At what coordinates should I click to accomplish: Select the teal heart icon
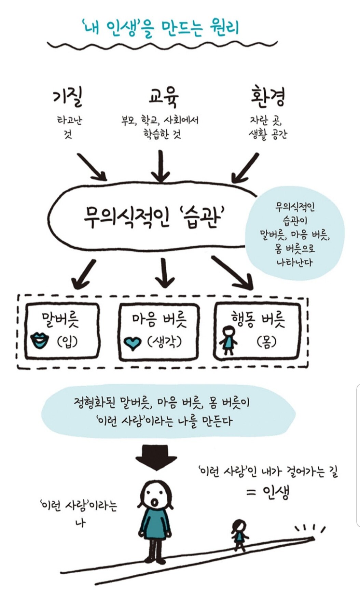pyautogui.click(x=132, y=343)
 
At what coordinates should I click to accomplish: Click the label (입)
pyautogui.click(x=68, y=341)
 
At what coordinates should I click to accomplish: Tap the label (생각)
pyautogui.click(x=164, y=341)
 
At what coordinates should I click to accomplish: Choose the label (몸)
pyautogui.click(x=266, y=341)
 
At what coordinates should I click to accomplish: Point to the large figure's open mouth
pyautogui.click(x=155, y=502)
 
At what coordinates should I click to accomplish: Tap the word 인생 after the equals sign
pyautogui.click(x=276, y=492)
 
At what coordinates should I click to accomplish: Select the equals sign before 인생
pyautogui.click(x=251, y=492)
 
